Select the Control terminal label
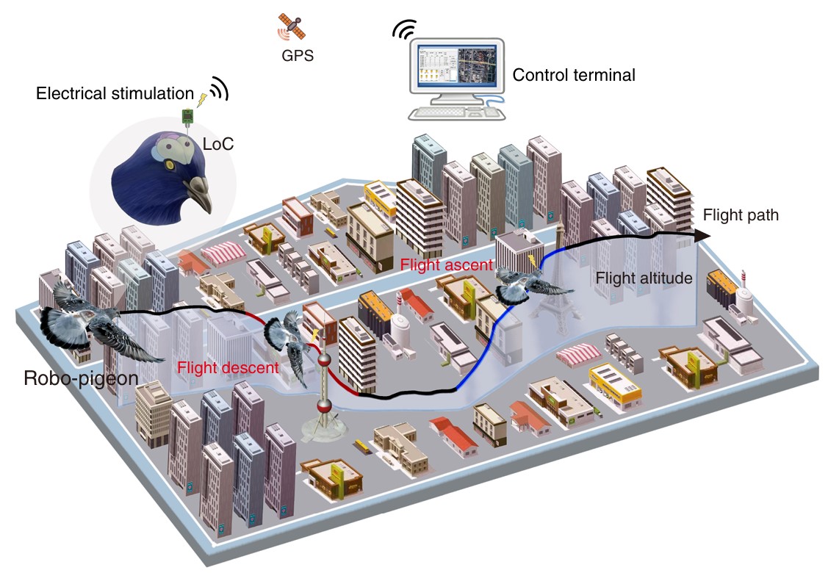point(573,75)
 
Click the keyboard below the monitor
point(449,113)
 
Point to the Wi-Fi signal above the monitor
point(403,29)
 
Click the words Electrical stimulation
point(114,94)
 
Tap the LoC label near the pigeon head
point(217,144)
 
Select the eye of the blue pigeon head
point(171,166)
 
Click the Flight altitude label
point(644,278)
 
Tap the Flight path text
point(740,216)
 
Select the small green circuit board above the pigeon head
point(188,115)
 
